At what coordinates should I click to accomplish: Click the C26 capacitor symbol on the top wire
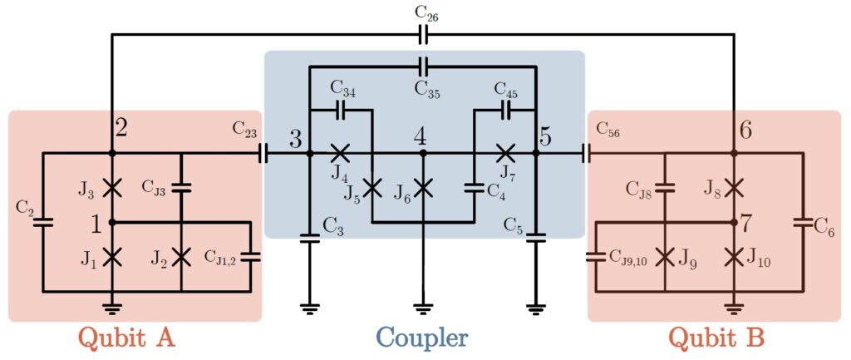[423, 34]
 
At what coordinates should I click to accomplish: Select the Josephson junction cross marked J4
[339, 153]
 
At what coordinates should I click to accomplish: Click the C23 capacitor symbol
[264, 153]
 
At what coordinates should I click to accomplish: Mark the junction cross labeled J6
[423, 187]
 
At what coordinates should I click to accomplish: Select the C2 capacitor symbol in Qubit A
[43, 222]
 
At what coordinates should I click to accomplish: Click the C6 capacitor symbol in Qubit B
[803, 222]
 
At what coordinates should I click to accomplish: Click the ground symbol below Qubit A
[112, 309]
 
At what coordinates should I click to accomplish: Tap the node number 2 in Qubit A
[121, 129]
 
